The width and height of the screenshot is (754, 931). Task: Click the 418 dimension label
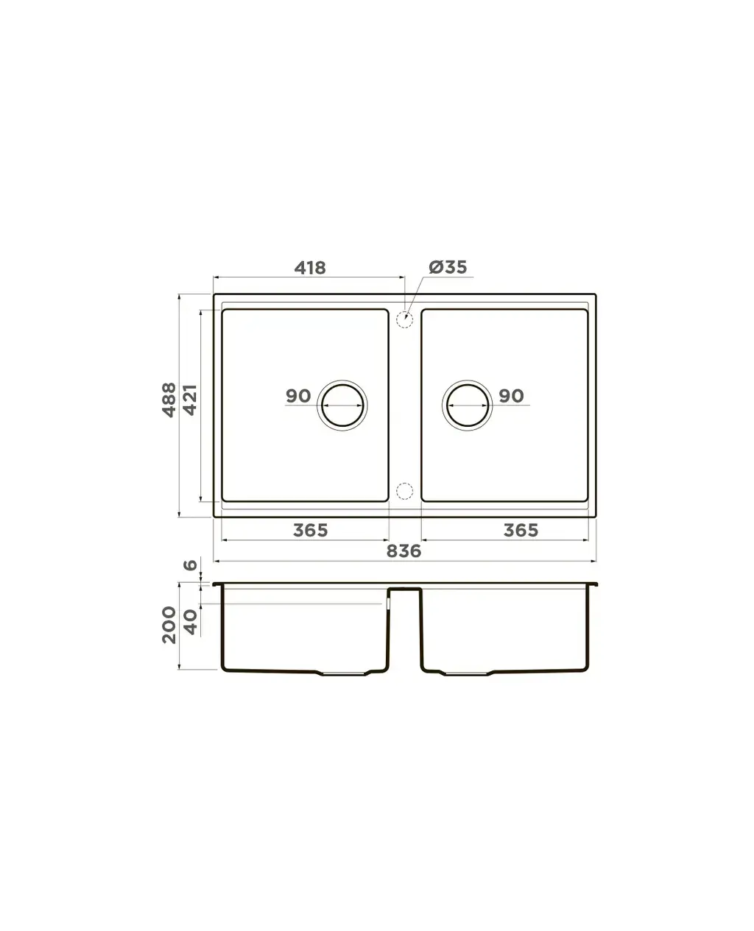point(310,268)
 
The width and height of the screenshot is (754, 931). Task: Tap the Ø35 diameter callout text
point(448,267)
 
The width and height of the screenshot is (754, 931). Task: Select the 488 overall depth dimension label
point(169,400)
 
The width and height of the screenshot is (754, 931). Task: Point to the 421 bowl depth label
point(190,400)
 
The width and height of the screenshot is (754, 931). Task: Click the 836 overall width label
point(404,551)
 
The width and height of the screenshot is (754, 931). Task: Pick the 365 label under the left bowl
point(310,530)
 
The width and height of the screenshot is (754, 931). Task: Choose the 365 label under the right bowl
point(521,530)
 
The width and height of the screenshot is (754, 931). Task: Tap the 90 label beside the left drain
point(298,396)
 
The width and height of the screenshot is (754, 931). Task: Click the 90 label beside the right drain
point(511,396)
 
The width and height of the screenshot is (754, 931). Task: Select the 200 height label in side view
point(169,625)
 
